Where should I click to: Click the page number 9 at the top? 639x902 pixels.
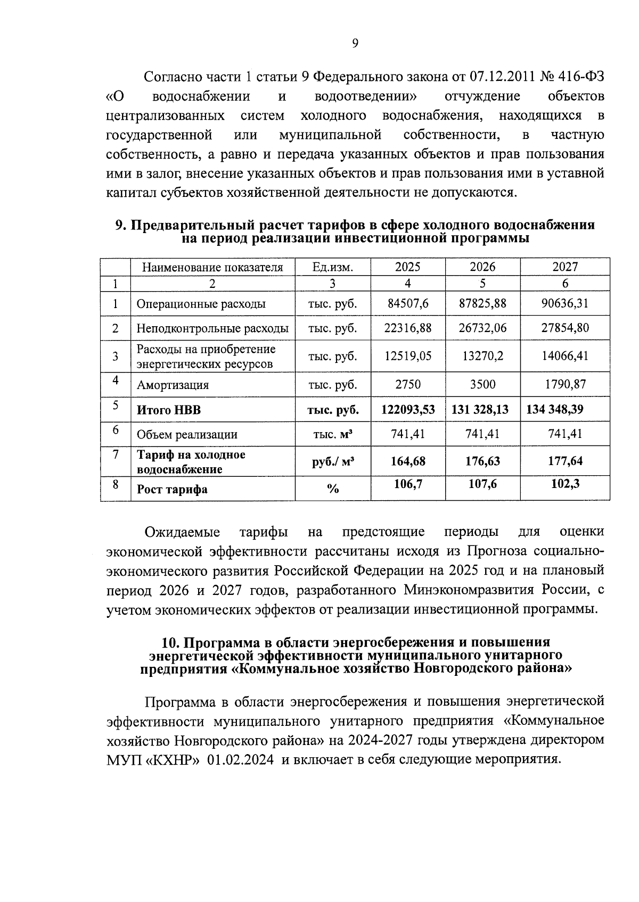coord(355,44)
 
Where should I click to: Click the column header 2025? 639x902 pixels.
coord(408,267)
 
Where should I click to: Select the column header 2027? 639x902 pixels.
coord(565,267)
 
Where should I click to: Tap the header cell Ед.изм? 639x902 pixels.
coord(332,267)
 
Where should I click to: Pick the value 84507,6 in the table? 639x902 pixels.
coord(408,304)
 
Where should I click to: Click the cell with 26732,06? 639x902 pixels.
coord(482,328)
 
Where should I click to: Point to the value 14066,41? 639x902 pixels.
coord(565,355)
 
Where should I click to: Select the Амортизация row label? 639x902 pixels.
coord(173,385)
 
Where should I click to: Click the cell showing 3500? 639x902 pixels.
coord(482,384)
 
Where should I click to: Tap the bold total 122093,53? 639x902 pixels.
coord(408,409)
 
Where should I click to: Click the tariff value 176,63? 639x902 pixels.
coord(482,461)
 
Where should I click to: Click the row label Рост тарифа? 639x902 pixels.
coord(172,490)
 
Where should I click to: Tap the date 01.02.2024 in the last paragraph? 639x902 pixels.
coord(241,759)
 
